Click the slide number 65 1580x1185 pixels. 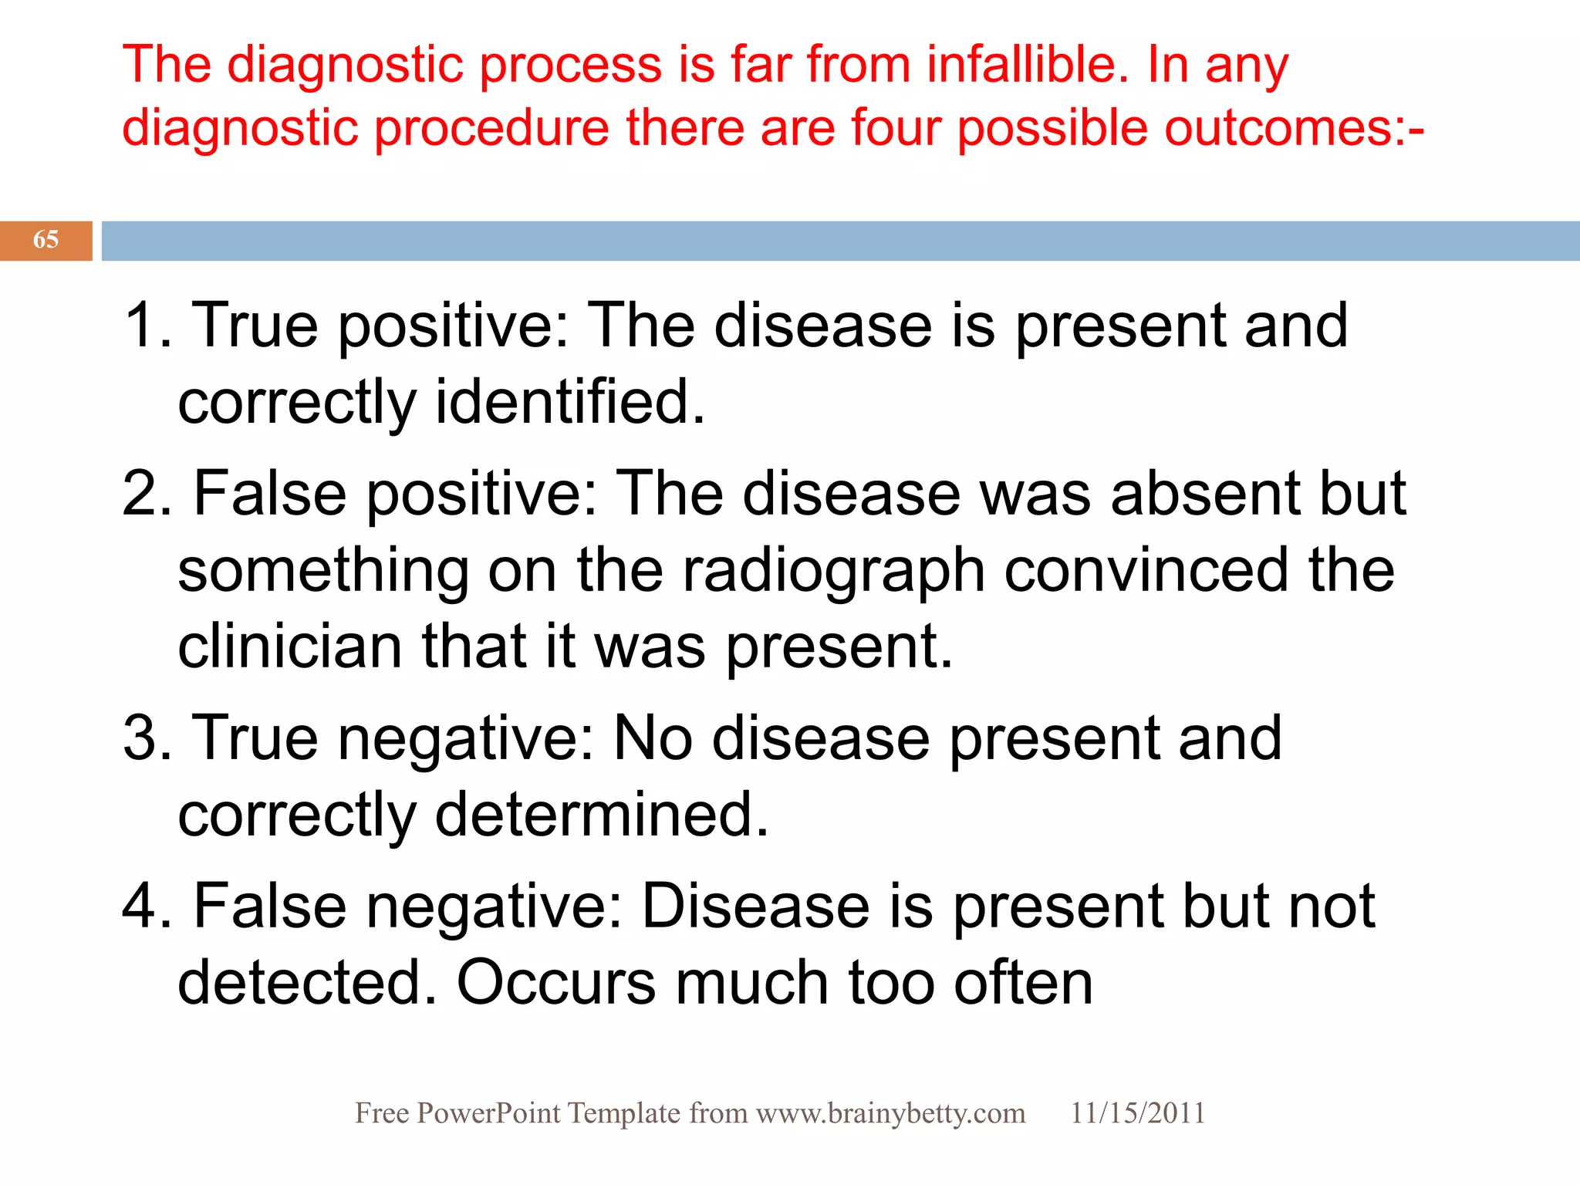(x=46, y=240)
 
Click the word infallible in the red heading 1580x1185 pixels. (x=1021, y=64)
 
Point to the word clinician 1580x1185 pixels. (x=290, y=647)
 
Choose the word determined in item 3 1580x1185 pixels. (x=601, y=815)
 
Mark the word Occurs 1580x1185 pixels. (x=555, y=983)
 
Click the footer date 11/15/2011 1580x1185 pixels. (x=1137, y=1113)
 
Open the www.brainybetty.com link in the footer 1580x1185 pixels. (x=890, y=1113)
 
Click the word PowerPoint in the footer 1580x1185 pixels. (x=488, y=1113)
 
